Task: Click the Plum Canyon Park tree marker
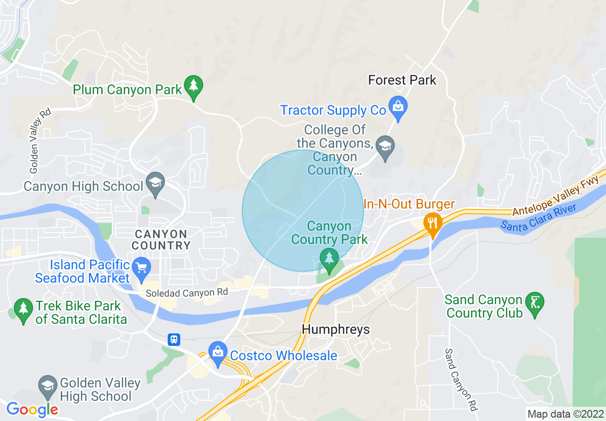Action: [193, 87]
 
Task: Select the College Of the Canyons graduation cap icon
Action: [385, 146]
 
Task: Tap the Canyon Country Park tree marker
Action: [329, 259]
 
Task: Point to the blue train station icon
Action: [174, 339]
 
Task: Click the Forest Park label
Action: [402, 80]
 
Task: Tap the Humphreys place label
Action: [335, 330]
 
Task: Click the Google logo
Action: [32, 409]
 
